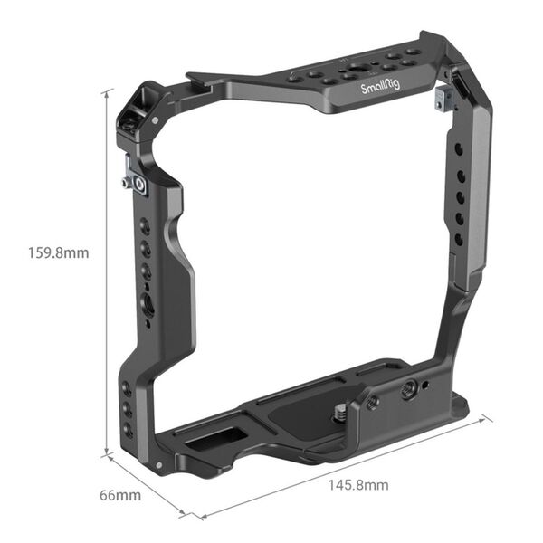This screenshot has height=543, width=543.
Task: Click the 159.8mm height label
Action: pyautogui.click(x=59, y=253)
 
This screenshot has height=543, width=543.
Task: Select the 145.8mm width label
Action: pyautogui.click(x=359, y=485)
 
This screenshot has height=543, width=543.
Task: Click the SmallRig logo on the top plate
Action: pyautogui.click(x=380, y=88)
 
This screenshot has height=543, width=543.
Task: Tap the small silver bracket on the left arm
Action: pyautogui.click(x=137, y=183)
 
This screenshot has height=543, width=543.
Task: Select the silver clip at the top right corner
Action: pyautogui.click(x=442, y=97)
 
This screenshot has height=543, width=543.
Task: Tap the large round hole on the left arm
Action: pyautogui.click(x=148, y=307)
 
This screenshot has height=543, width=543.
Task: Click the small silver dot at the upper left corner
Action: pyautogui.click(x=157, y=119)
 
